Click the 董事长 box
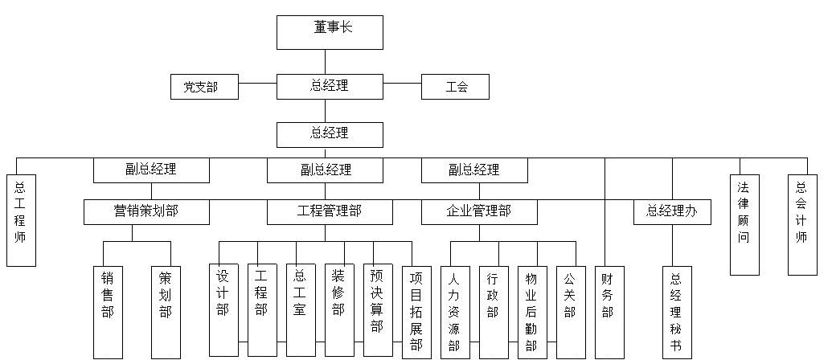click(x=330, y=32)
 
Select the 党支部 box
click(x=204, y=87)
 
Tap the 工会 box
click(x=456, y=87)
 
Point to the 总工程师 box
click(x=21, y=219)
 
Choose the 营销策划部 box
click(x=146, y=212)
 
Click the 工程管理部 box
click(x=330, y=212)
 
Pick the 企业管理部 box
click(x=479, y=212)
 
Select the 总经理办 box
click(x=672, y=212)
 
